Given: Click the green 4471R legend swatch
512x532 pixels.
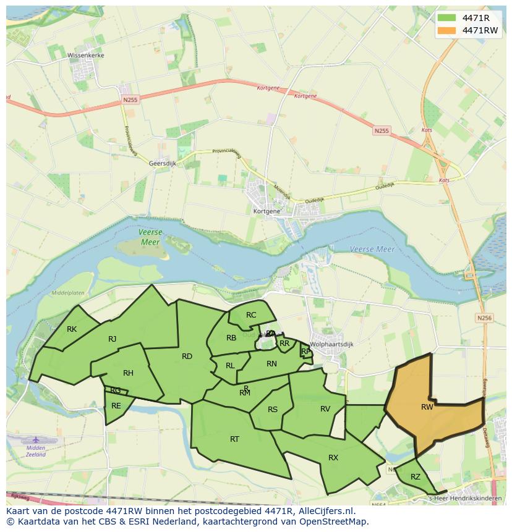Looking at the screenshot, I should (x=445, y=18).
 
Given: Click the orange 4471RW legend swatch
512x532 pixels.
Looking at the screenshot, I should (x=445, y=30).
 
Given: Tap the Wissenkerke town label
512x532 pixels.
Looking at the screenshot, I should (x=86, y=55).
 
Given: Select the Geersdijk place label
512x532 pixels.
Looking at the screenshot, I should (x=163, y=163).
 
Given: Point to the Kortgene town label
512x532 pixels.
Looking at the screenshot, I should (x=267, y=211).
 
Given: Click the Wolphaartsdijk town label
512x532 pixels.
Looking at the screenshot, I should (x=334, y=344).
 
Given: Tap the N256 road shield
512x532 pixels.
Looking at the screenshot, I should (x=484, y=318).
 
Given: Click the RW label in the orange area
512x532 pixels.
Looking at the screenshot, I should (x=427, y=407).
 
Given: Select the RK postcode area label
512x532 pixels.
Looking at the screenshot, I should (x=72, y=329).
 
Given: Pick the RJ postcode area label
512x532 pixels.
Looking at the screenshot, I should (x=112, y=339).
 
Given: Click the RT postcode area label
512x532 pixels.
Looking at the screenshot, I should (x=234, y=439).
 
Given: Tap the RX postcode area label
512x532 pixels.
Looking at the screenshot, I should (x=333, y=457).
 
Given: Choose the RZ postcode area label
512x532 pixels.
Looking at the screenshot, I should (x=416, y=476).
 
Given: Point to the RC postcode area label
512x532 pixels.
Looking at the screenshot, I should (x=251, y=315).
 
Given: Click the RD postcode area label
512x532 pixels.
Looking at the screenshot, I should (x=187, y=356).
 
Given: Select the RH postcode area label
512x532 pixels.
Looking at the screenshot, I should (x=128, y=373).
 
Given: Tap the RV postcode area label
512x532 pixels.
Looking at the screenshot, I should (x=325, y=408).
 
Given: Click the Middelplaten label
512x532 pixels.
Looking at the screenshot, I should (x=68, y=293).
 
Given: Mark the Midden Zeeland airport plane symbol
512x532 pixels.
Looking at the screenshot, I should (x=36, y=440).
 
